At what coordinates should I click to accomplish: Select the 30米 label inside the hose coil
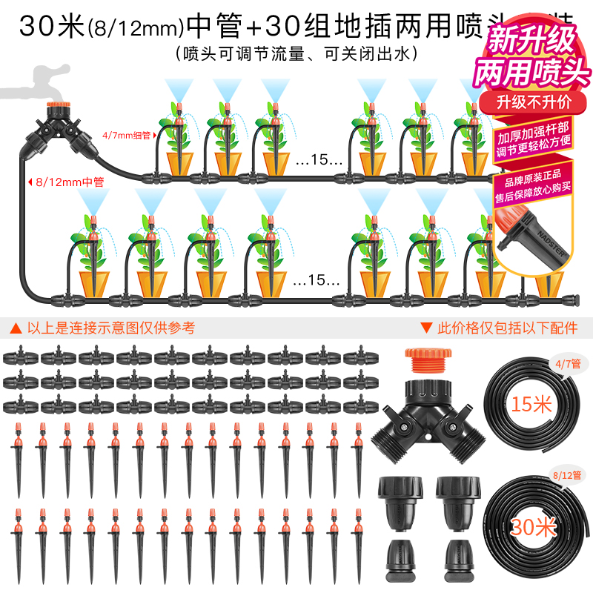pyautogui.click(x=533, y=527)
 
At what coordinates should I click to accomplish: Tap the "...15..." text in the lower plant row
pyautogui.click(x=317, y=281)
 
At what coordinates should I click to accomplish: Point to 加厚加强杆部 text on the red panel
pyautogui.click(x=534, y=138)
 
